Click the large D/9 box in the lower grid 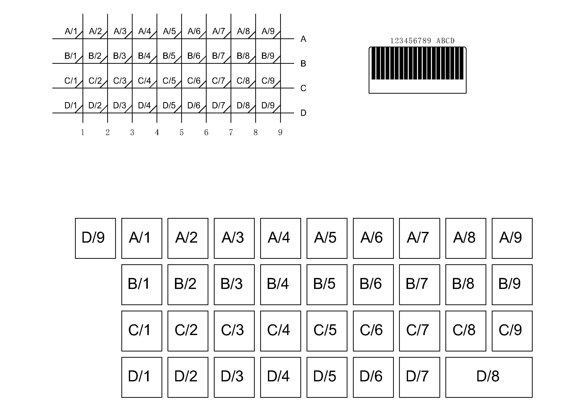click(x=95, y=238)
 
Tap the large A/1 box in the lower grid click(x=141, y=238)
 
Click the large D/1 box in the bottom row click(x=141, y=377)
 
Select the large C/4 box click(x=280, y=331)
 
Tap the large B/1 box click(x=141, y=284)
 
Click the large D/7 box click(x=419, y=377)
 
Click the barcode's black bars click(x=417, y=64)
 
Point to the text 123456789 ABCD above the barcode click(x=422, y=41)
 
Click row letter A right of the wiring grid click(x=303, y=39)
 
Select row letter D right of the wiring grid click(x=303, y=113)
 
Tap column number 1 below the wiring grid click(x=83, y=132)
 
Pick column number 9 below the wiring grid click(x=280, y=132)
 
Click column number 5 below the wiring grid click(x=181, y=132)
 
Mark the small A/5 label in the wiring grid click(x=169, y=31)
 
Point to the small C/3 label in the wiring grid click(x=120, y=81)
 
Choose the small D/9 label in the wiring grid click(x=268, y=105)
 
